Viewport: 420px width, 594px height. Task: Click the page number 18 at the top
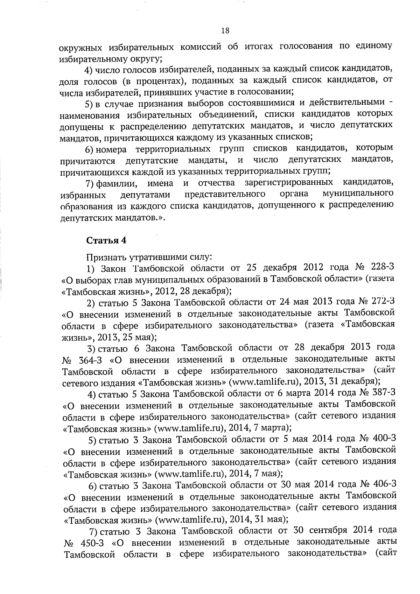[x=225, y=30]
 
